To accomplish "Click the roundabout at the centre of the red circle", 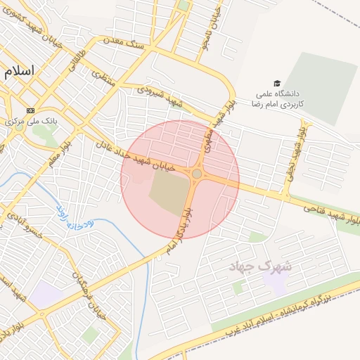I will [197, 174].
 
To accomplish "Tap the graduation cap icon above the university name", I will [277, 84].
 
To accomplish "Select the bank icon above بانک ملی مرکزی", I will [30, 110].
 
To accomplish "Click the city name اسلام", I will [19, 72].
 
